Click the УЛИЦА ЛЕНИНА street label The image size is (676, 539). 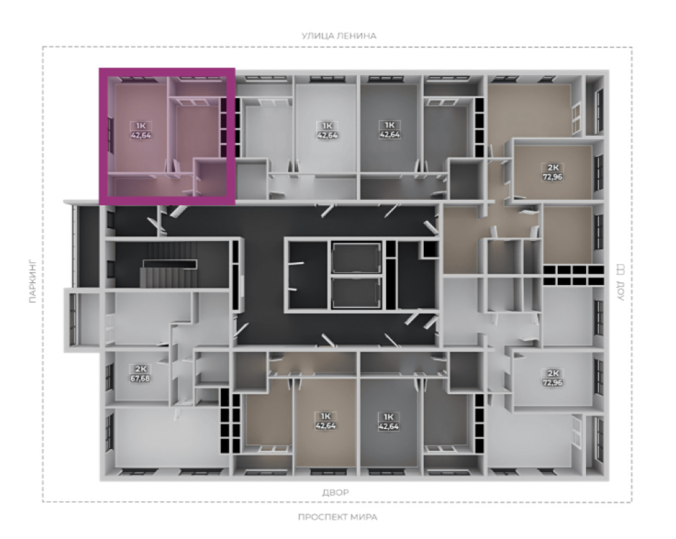coord(339,36)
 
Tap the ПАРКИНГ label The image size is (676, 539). coord(32,282)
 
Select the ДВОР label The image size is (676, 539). coord(336,492)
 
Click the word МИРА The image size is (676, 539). coord(364,517)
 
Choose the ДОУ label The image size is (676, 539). coord(621,291)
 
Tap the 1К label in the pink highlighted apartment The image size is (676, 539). coord(141,126)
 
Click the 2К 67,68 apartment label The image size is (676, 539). coord(141,374)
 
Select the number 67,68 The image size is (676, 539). coord(141,378)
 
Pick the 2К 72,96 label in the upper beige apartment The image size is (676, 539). coord(552,172)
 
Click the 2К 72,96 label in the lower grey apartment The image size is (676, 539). coord(552,378)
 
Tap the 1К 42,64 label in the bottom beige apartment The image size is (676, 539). coord(326,421)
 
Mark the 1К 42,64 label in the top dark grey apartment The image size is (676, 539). coord(389,130)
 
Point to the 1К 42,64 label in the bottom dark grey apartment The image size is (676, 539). coord(389,421)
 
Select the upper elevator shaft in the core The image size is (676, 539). coord(356,258)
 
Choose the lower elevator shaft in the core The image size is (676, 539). coord(356,292)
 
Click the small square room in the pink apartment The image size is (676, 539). coord(211,178)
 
